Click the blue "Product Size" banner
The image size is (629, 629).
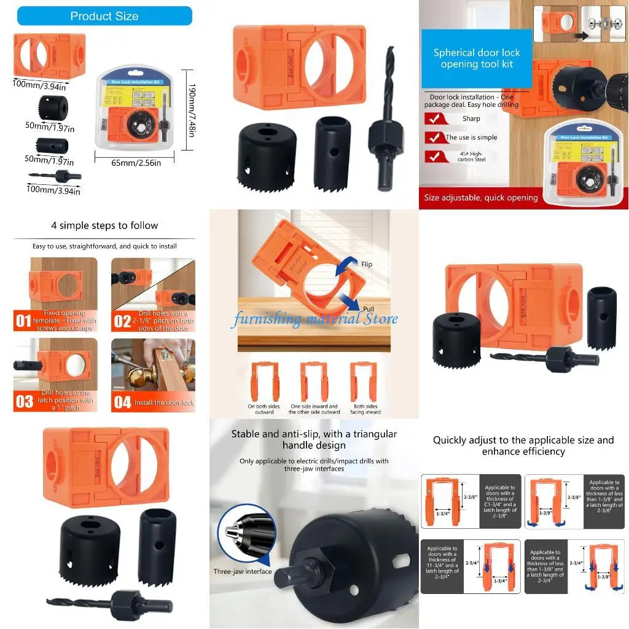pos(104,16)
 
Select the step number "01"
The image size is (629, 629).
pos(23,320)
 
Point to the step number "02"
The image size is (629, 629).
pos(123,320)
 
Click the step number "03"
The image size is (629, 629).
pos(24,401)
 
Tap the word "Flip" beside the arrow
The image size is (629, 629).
pos(367,264)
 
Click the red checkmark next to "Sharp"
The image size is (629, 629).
pos(434,119)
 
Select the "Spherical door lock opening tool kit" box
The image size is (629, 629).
pos(476,58)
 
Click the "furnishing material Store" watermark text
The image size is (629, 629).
pos(314,319)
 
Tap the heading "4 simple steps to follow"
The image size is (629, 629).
pos(104,225)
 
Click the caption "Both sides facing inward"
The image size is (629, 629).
pos(365,409)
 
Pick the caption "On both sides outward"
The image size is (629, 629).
pos(264,409)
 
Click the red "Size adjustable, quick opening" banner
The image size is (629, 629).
pos(481,198)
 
